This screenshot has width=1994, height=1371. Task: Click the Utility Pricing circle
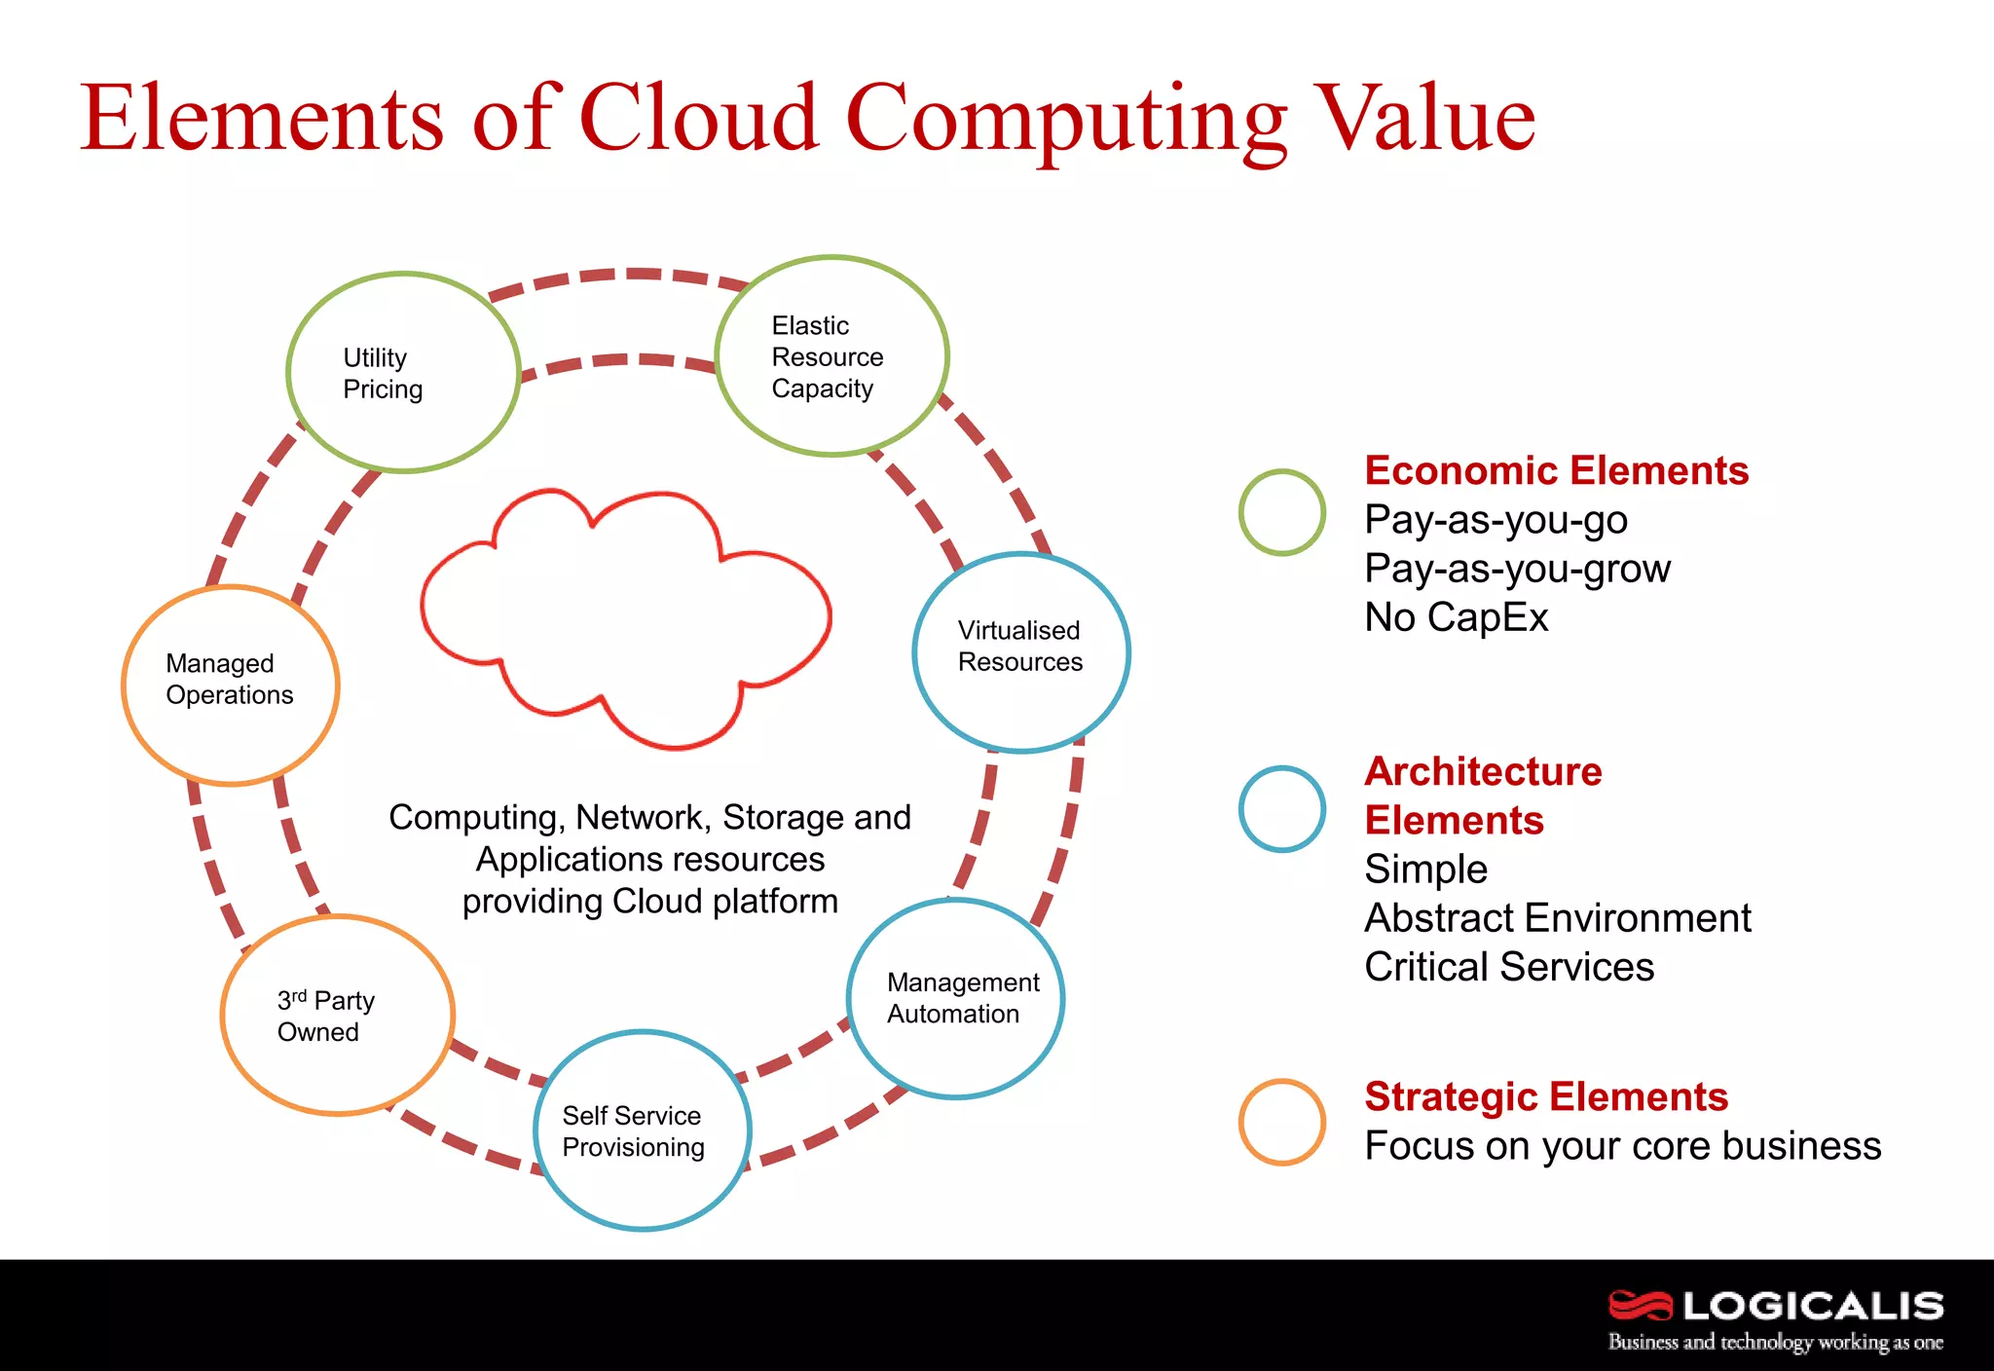[x=403, y=373]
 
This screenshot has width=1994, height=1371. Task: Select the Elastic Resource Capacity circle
[x=831, y=356]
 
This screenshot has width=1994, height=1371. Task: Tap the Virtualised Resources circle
[x=1021, y=652]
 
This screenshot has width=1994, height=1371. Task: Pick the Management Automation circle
[x=955, y=999]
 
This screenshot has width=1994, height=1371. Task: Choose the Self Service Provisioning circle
[x=643, y=1130]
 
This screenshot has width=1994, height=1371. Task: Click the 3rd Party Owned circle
[x=338, y=1016]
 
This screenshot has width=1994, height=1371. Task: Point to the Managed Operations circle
[x=231, y=685]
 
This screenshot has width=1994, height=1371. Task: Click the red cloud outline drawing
[x=625, y=618]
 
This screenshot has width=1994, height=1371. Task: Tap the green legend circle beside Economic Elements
[x=1281, y=512]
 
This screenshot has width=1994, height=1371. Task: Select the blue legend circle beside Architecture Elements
[x=1281, y=809]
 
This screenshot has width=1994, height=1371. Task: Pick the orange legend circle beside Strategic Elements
[x=1281, y=1122]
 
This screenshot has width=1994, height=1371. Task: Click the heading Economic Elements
[x=1556, y=471]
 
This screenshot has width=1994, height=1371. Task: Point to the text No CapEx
[x=1456, y=617]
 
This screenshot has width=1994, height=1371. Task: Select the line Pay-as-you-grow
[x=1517, y=569]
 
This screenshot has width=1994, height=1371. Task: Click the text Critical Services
[x=1509, y=967]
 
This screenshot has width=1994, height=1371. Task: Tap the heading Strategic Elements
[x=1546, y=1097]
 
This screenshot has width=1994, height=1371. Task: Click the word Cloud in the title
[x=698, y=119]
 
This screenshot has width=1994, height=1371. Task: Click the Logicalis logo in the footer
[x=1775, y=1318]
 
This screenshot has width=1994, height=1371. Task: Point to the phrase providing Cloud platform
[x=649, y=902]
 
